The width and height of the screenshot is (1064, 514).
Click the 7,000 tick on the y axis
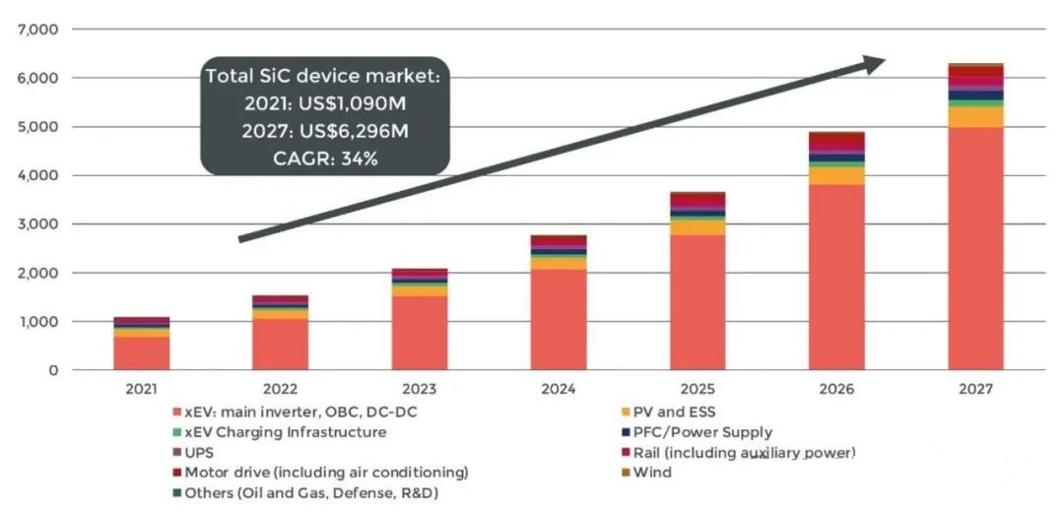[x=38, y=30]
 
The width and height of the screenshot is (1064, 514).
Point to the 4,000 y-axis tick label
[x=38, y=175]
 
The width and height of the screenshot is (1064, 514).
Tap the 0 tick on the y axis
[x=52, y=370]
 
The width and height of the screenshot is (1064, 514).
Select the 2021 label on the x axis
[x=142, y=389]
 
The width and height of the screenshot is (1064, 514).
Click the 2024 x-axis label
[x=559, y=389]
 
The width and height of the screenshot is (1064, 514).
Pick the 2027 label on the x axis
[x=975, y=389]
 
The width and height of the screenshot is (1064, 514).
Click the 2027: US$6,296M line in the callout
[x=326, y=131]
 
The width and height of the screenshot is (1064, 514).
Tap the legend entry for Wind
[x=651, y=473]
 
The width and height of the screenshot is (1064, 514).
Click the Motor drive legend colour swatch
[x=176, y=473]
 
